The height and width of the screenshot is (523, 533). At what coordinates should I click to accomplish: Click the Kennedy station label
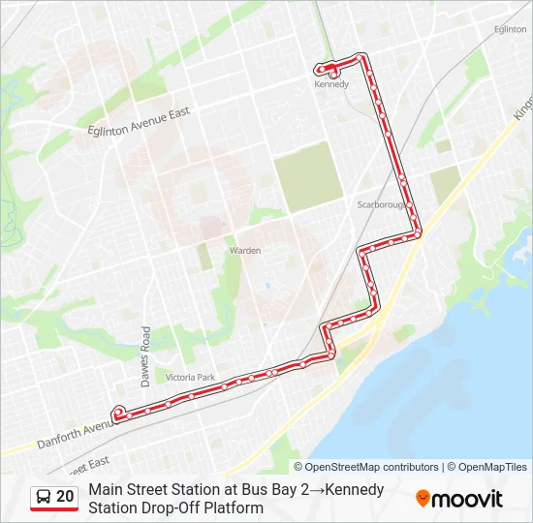click(330, 84)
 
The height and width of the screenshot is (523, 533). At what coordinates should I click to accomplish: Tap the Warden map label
click(245, 251)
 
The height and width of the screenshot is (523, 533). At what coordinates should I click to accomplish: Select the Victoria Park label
click(190, 377)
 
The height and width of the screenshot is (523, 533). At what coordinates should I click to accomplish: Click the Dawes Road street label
click(146, 353)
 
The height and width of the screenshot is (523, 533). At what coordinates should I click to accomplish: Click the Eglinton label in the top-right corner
click(510, 30)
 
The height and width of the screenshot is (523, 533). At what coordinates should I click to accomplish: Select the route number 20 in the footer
click(65, 496)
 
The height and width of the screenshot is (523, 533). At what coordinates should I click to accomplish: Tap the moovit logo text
click(467, 499)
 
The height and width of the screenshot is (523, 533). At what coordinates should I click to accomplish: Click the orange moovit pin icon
click(423, 499)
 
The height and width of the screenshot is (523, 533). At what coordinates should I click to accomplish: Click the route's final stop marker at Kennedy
click(332, 72)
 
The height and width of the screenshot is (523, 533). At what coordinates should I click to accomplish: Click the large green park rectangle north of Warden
click(307, 176)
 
